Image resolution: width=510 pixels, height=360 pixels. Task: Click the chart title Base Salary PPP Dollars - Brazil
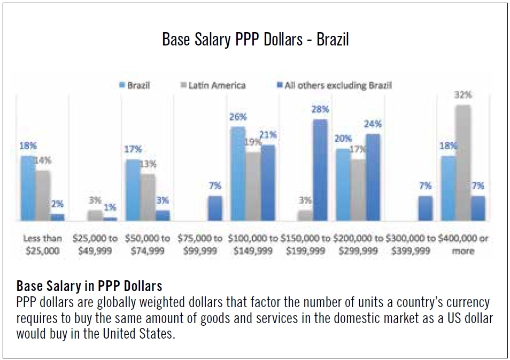255,40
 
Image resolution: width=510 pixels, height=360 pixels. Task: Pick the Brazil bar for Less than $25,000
28,188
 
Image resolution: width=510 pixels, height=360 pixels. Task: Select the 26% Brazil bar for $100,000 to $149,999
238,173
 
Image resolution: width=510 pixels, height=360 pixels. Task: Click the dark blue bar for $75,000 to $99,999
215,208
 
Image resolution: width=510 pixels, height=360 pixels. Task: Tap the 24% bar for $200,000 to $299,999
373,177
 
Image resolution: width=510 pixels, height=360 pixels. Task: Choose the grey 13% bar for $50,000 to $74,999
148,197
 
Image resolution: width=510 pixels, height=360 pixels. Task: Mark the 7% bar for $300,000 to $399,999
426,208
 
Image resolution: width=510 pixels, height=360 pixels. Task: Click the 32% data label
463,95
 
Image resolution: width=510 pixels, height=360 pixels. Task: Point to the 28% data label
321,109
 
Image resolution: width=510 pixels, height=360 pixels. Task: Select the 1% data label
110,207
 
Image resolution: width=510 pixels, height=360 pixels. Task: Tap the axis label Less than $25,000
43,244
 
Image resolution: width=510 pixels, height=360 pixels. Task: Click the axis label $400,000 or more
463,244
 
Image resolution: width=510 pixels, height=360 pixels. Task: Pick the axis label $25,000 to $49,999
95,244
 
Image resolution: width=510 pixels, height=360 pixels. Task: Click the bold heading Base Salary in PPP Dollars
89,285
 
